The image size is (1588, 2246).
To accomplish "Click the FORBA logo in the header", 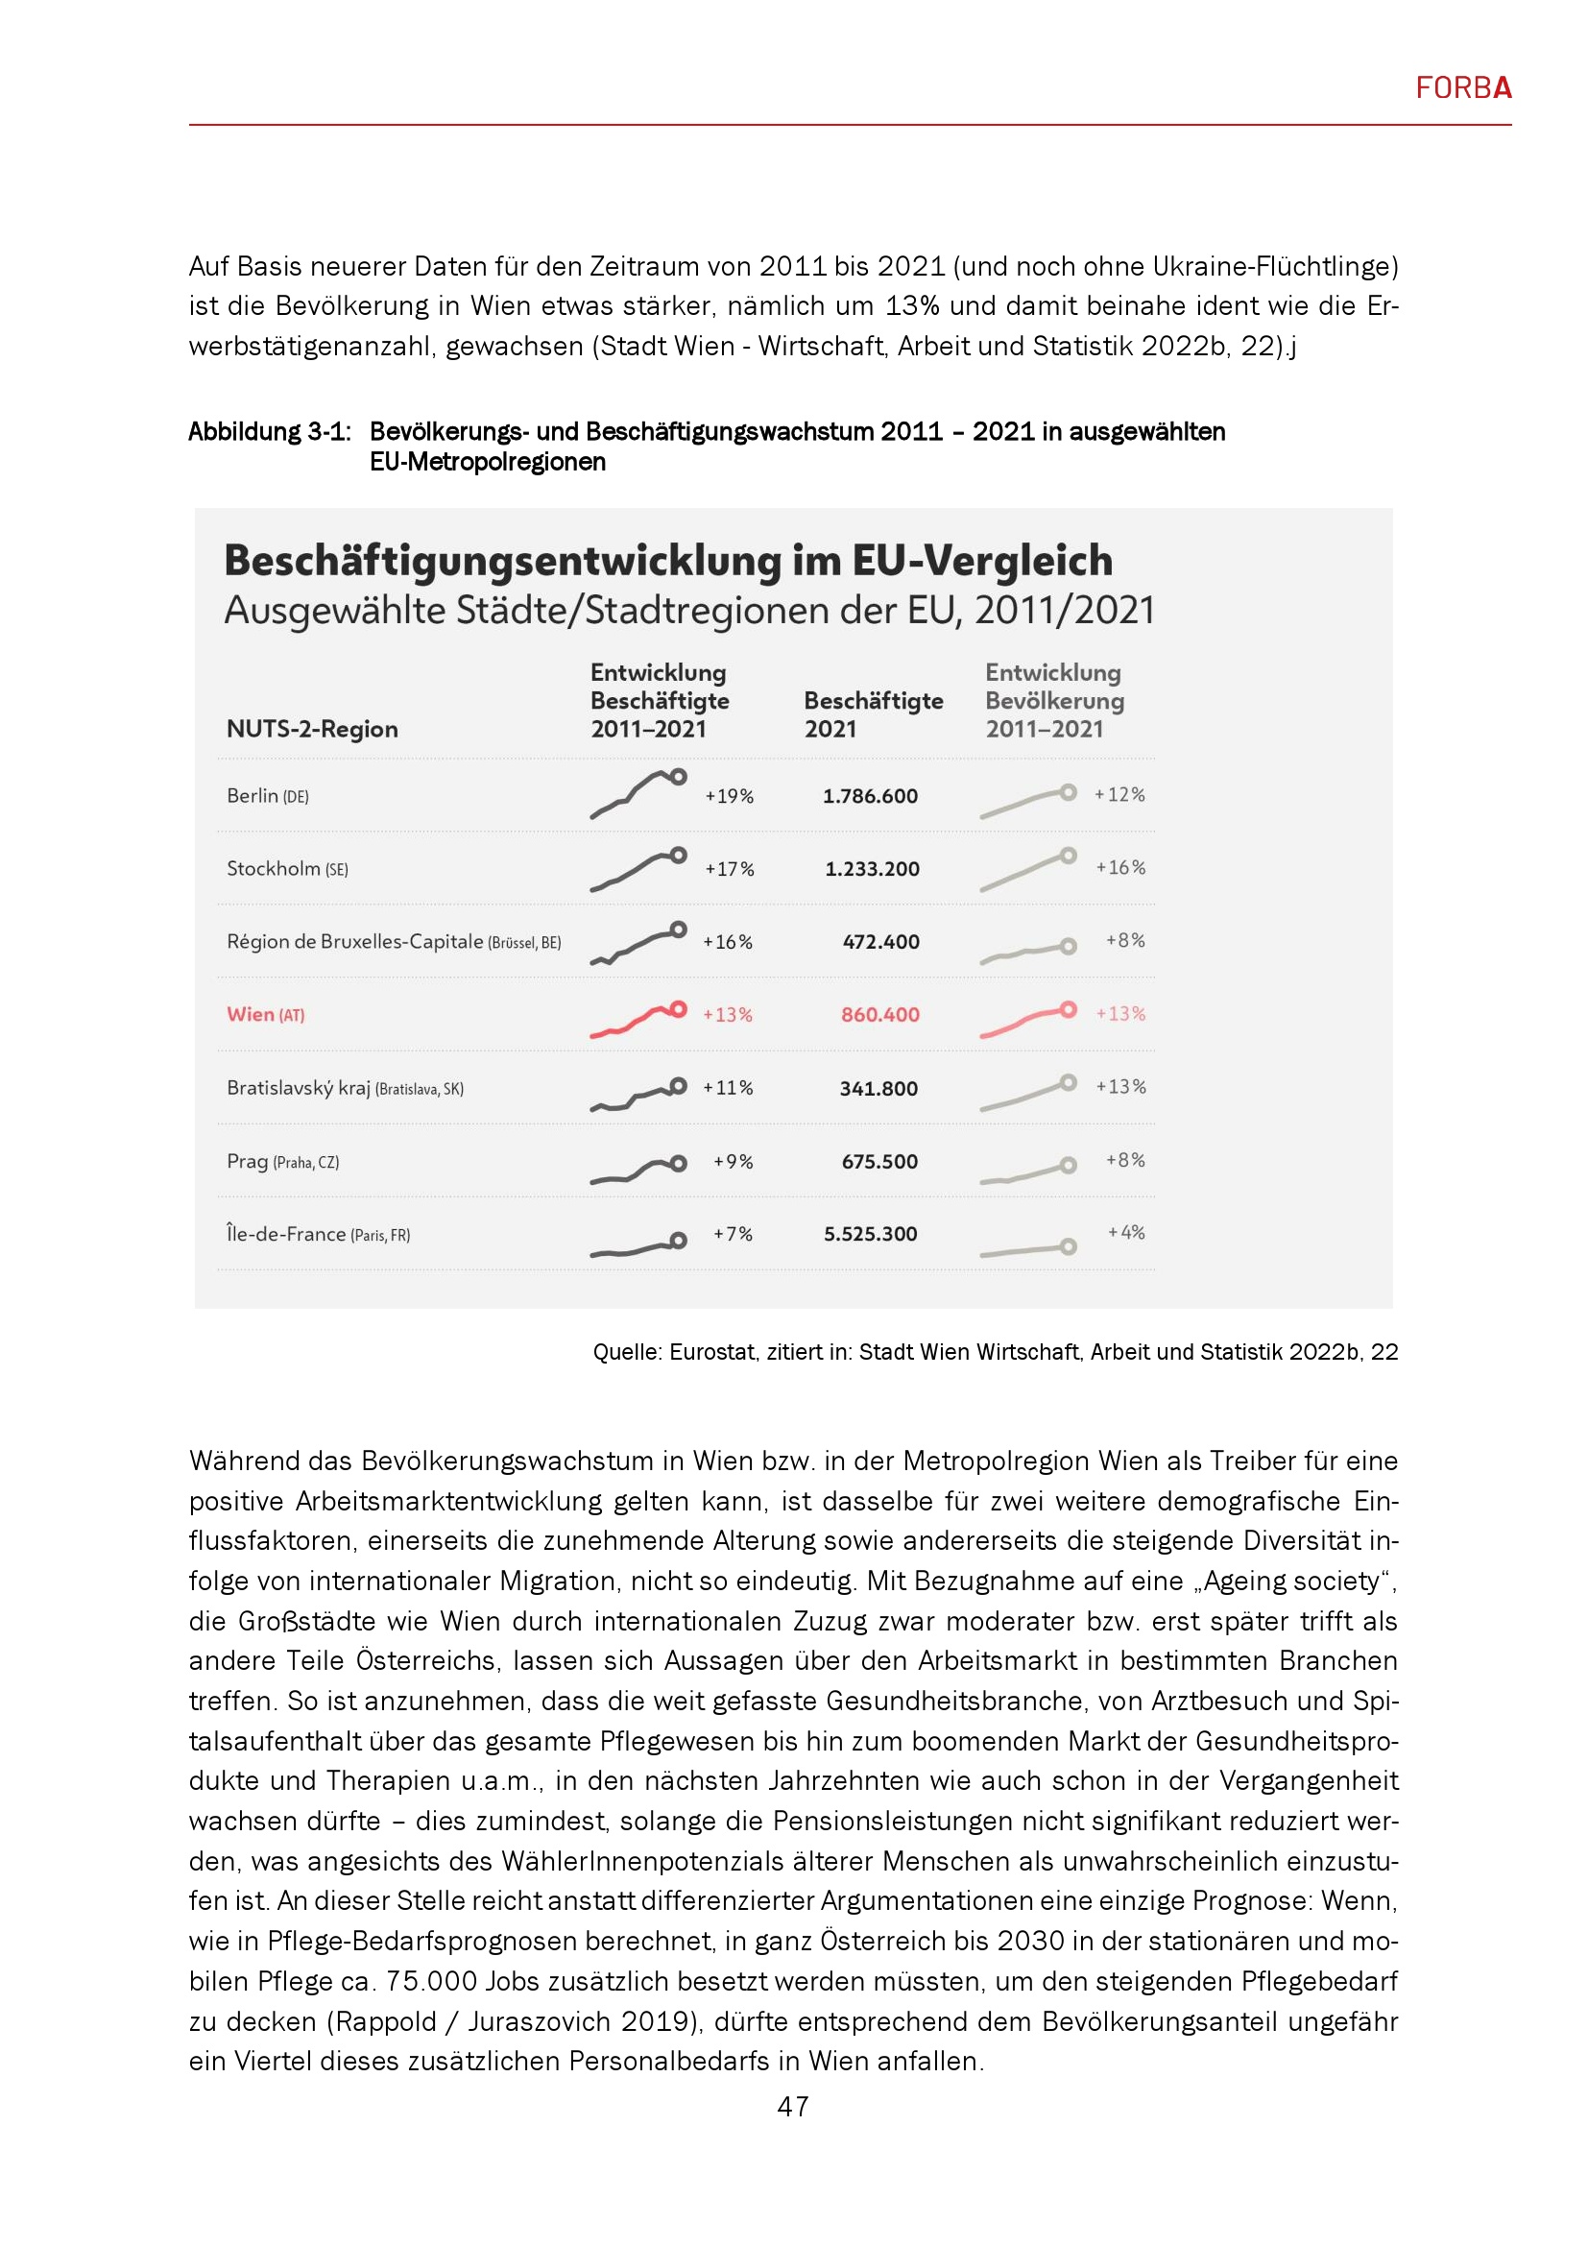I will coord(1463,88).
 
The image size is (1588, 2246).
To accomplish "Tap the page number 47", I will coord(793,2106).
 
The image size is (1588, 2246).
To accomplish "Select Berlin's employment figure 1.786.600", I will coord(869,796).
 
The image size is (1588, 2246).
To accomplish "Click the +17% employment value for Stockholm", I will coord(730,869).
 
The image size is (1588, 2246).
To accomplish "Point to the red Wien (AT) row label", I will coord(265,1014).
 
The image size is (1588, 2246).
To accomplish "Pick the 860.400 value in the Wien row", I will coord(880,1015).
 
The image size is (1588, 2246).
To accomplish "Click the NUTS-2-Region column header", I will coord(312,729).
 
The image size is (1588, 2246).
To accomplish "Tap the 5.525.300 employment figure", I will coord(870,1235).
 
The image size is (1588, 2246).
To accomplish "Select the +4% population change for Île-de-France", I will coord(1125,1233).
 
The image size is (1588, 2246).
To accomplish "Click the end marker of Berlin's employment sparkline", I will coord(679,777).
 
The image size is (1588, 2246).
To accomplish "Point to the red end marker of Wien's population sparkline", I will coord(1069,1008).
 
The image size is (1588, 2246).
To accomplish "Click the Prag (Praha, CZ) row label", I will coord(282,1162).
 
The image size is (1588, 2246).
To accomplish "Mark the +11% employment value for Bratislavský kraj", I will coord(728,1088).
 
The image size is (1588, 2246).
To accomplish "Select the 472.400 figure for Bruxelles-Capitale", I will coord(880,942).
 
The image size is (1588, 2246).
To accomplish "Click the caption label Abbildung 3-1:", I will coord(269,431).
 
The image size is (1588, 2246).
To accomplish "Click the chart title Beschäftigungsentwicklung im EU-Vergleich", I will coord(668,561).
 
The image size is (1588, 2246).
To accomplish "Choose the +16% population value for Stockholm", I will coord(1120,868).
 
